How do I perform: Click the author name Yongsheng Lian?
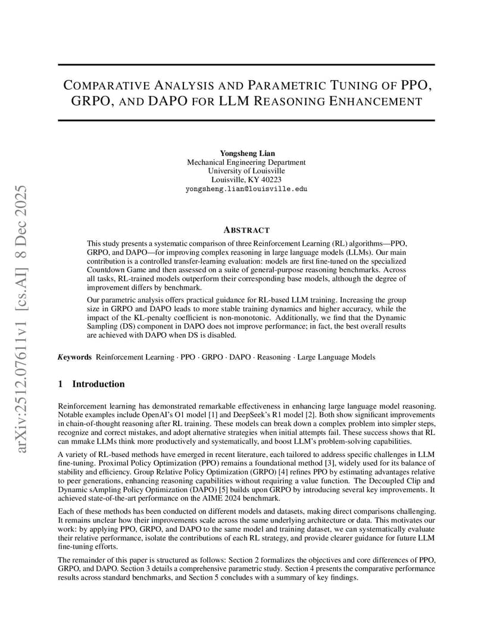point(246,153)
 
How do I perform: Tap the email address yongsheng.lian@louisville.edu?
point(246,189)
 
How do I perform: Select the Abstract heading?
point(246,230)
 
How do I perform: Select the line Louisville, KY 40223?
point(246,180)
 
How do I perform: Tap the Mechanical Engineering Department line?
point(246,162)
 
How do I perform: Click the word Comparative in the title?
point(114,85)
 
